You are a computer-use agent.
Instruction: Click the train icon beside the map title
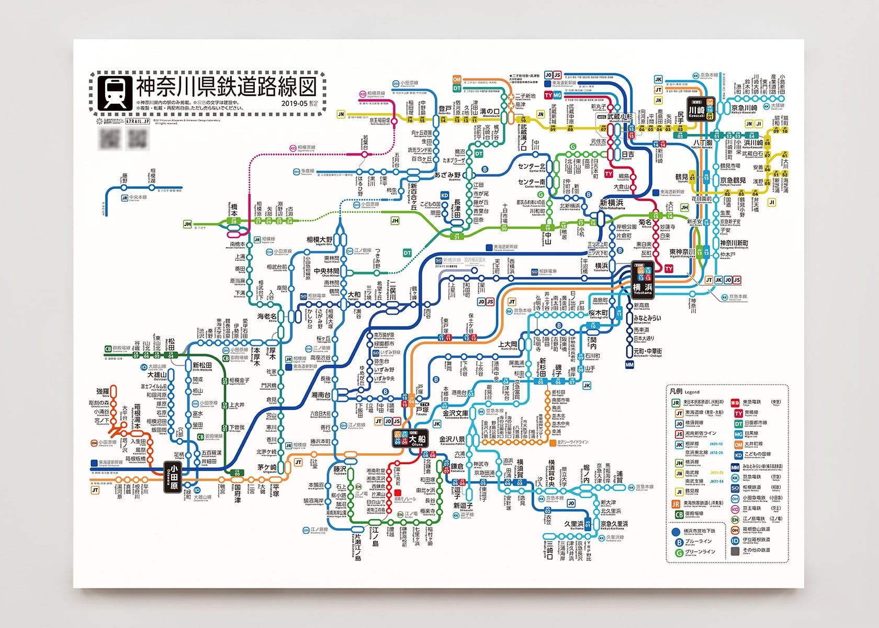(x=115, y=93)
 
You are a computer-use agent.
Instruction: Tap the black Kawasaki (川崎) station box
(x=696, y=109)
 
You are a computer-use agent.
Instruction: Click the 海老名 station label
(x=267, y=317)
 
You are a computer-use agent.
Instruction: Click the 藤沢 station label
(x=340, y=469)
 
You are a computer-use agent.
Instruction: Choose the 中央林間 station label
(x=326, y=271)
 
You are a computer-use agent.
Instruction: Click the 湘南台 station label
(x=321, y=395)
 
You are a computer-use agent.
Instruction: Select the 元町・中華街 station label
(x=647, y=351)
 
